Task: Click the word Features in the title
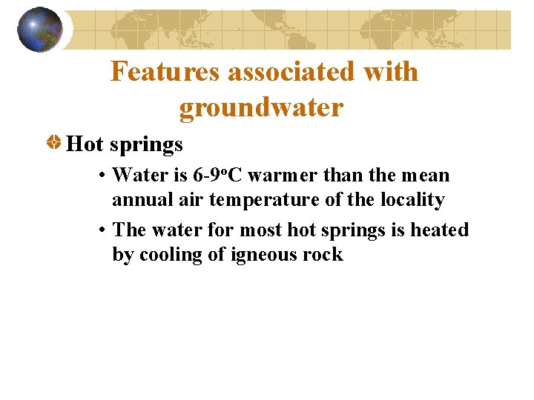pyautogui.click(x=165, y=72)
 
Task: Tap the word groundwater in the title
pyautogui.click(x=261, y=108)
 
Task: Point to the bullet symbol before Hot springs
pyautogui.click(x=54, y=142)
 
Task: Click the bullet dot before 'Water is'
pyautogui.click(x=102, y=176)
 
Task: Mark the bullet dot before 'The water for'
pyautogui.click(x=102, y=230)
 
